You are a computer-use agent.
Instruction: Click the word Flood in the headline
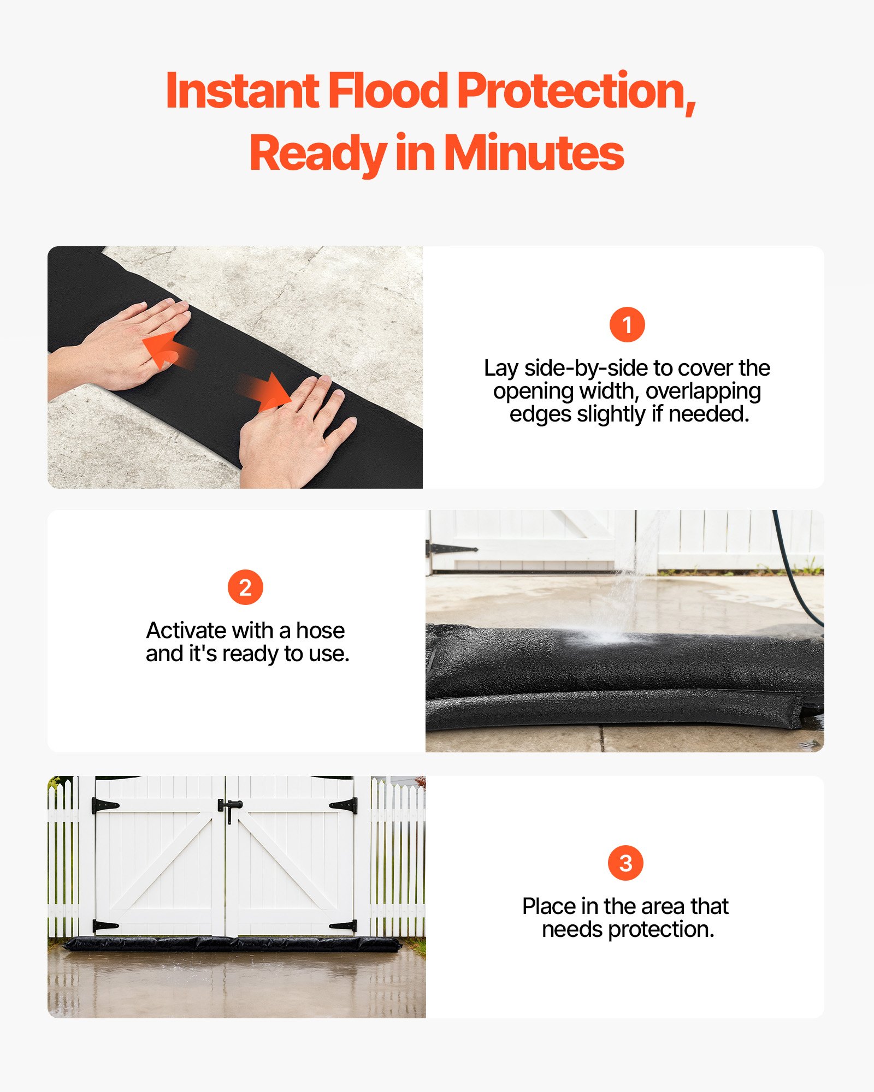click(x=387, y=91)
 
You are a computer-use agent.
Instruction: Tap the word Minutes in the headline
click(x=534, y=153)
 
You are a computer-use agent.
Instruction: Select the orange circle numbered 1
click(x=627, y=325)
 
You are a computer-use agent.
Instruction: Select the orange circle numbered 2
click(x=245, y=587)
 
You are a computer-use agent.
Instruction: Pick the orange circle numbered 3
click(x=625, y=863)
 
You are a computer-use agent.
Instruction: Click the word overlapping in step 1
click(x=703, y=391)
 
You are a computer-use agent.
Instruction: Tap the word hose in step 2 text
click(x=320, y=631)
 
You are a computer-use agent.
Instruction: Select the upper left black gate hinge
click(x=105, y=805)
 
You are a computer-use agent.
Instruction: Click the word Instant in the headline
click(x=241, y=91)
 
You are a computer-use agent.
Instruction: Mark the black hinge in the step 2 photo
click(x=451, y=549)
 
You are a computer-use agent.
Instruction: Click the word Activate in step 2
click(x=186, y=631)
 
